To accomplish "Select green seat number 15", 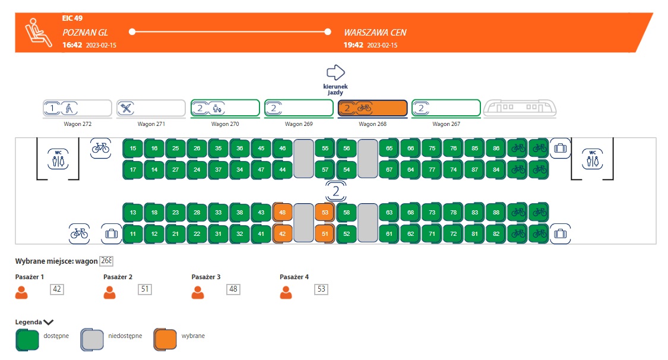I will point(133,148).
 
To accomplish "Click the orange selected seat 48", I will point(283,212).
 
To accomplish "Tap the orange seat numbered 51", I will point(325,233).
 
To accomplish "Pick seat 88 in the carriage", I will point(496,212).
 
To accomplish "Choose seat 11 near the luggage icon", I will point(133,233).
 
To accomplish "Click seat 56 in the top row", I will point(346,148).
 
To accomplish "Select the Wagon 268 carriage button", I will point(372,108).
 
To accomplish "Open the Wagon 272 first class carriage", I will point(77,108).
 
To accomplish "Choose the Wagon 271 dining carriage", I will point(151,108).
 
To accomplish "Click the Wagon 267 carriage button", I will point(446,108).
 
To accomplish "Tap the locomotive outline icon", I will point(520,108).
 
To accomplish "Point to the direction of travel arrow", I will point(336,72).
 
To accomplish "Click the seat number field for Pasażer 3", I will point(233,289).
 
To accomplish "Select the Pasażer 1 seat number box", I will point(58,289).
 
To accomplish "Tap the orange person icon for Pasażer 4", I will point(286,292).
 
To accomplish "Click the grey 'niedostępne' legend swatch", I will point(93,339).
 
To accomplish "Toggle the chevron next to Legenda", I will point(49,322).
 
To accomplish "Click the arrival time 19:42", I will point(353,45).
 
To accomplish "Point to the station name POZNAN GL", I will point(85,33).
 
